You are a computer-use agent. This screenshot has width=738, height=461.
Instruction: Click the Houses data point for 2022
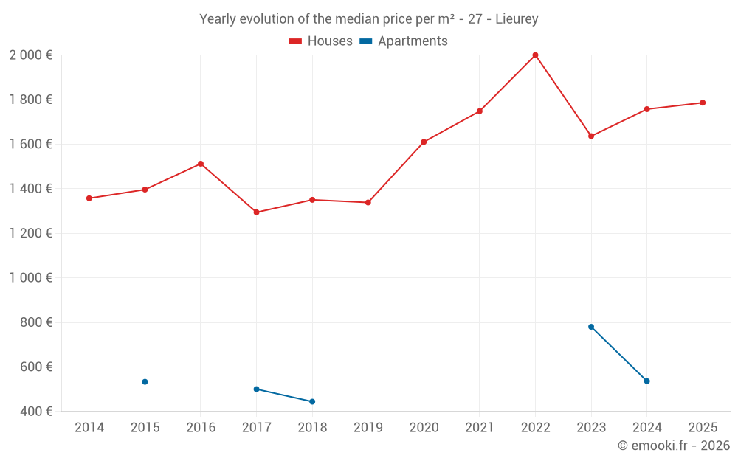tap(535, 55)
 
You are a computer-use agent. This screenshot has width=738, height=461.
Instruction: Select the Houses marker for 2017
tap(256, 212)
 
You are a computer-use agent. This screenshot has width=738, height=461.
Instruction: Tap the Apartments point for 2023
tap(591, 327)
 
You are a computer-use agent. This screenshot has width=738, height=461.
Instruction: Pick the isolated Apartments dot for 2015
tap(145, 381)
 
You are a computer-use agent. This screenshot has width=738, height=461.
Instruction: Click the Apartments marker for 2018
tap(312, 401)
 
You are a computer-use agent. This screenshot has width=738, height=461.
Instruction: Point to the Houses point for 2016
tap(201, 164)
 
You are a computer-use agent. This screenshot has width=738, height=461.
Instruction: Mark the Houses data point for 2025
tap(703, 103)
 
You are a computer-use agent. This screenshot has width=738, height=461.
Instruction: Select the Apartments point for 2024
tap(646, 381)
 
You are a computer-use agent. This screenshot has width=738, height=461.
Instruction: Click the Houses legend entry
tap(321, 41)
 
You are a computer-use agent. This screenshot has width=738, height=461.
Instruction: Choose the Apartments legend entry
tap(404, 41)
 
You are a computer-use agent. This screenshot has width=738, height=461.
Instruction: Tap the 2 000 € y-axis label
tap(30, 55)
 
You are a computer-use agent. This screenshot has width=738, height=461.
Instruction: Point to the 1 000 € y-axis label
tap(30, 278)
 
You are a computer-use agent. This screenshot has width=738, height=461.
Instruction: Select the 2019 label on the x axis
tap(368, 428)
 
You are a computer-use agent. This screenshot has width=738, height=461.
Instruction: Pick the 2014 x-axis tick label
tap(89, 428)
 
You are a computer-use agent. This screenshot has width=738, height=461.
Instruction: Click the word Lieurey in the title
tap(517, 19)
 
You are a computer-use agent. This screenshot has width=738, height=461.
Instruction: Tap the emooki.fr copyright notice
tap(673, 446)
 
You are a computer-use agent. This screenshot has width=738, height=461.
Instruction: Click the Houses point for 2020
tap(424, 142)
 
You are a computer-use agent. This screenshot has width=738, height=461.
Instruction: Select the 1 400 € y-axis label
tap(30, 189)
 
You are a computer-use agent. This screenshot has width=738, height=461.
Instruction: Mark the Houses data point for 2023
tap(591, 136)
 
